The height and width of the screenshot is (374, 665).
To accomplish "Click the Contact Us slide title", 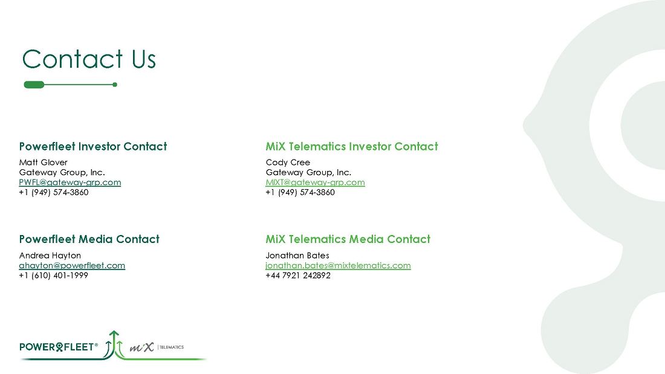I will tap(89, 59).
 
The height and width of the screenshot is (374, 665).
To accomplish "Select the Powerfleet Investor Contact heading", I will tap(93, 146).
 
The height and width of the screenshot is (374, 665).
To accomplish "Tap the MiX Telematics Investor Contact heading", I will tap(352, 146).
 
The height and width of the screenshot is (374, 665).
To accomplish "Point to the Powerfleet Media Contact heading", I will tap(89, 239).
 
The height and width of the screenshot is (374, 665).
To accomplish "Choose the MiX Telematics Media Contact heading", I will tap(348, 239).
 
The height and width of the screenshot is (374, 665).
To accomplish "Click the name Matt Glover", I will tap(44, 162).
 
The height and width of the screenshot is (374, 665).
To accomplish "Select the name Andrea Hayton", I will tap(50, 256).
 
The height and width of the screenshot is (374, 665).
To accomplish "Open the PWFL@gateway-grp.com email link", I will tap(70, 182).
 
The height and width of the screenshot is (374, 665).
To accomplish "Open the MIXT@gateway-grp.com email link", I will tap(316, 182).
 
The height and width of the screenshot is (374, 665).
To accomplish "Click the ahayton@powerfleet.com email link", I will tap(72, 265).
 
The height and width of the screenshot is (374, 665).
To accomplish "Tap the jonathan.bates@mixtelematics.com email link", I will tap(338, 265).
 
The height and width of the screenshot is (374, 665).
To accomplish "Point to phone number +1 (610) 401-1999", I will tap(54, 275).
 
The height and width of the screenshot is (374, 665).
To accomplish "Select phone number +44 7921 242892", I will tap(298, 275).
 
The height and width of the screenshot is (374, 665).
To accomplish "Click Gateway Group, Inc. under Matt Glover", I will tap(62, 172).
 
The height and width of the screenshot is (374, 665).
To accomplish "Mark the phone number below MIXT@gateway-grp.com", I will tap(300, 192).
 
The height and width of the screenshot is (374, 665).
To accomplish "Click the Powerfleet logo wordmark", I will tap(58, 347).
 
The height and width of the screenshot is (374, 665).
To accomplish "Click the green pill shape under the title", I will tap(34, 85).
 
